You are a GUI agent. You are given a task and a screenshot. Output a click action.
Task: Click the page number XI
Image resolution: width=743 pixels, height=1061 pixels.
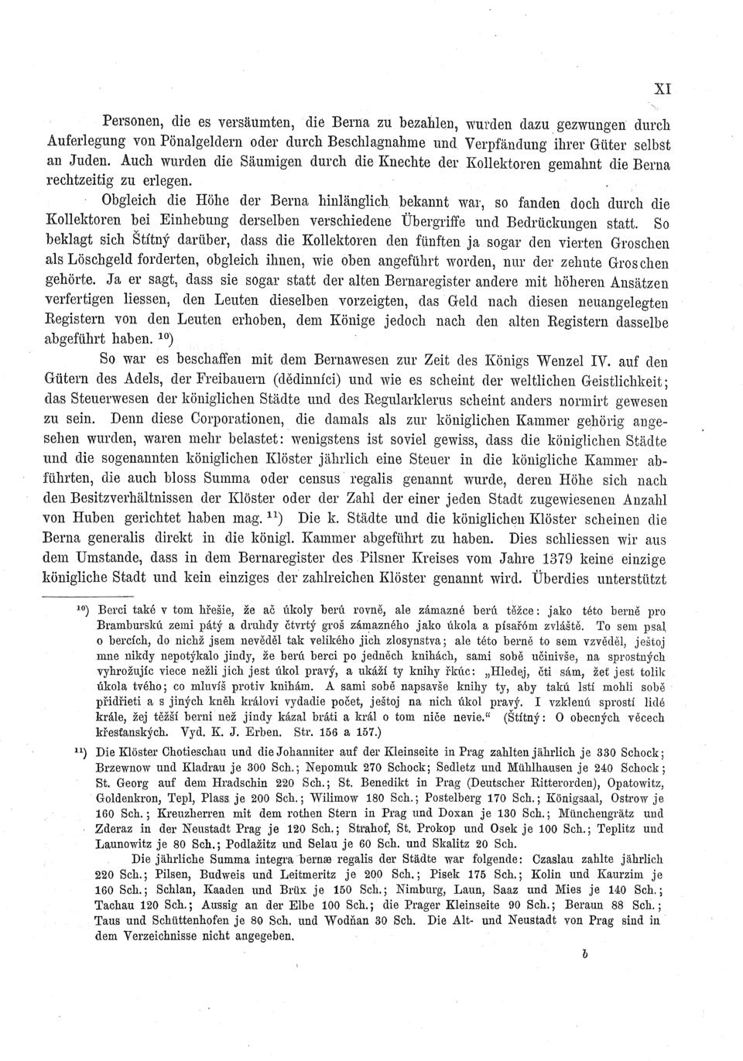(x=662, y=89)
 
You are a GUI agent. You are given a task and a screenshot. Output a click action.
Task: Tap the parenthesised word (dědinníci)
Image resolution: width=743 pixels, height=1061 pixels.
(x=338, y=380)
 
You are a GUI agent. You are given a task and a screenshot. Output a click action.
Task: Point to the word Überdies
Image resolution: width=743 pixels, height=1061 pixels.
(x=548, y=579)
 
